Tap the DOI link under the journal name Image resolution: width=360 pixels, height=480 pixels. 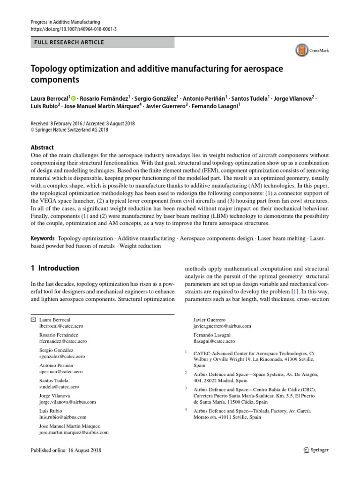tap(73, 29)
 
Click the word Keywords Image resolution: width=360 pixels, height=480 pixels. tap(43, 238)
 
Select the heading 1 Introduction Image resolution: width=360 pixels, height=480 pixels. tap(55, 269)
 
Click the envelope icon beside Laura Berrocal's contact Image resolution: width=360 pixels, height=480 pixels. tap(32, 320)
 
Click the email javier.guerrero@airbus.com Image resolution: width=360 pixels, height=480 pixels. tap(222, 326)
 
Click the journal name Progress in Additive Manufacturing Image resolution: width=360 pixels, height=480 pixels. tap(65, 22)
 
